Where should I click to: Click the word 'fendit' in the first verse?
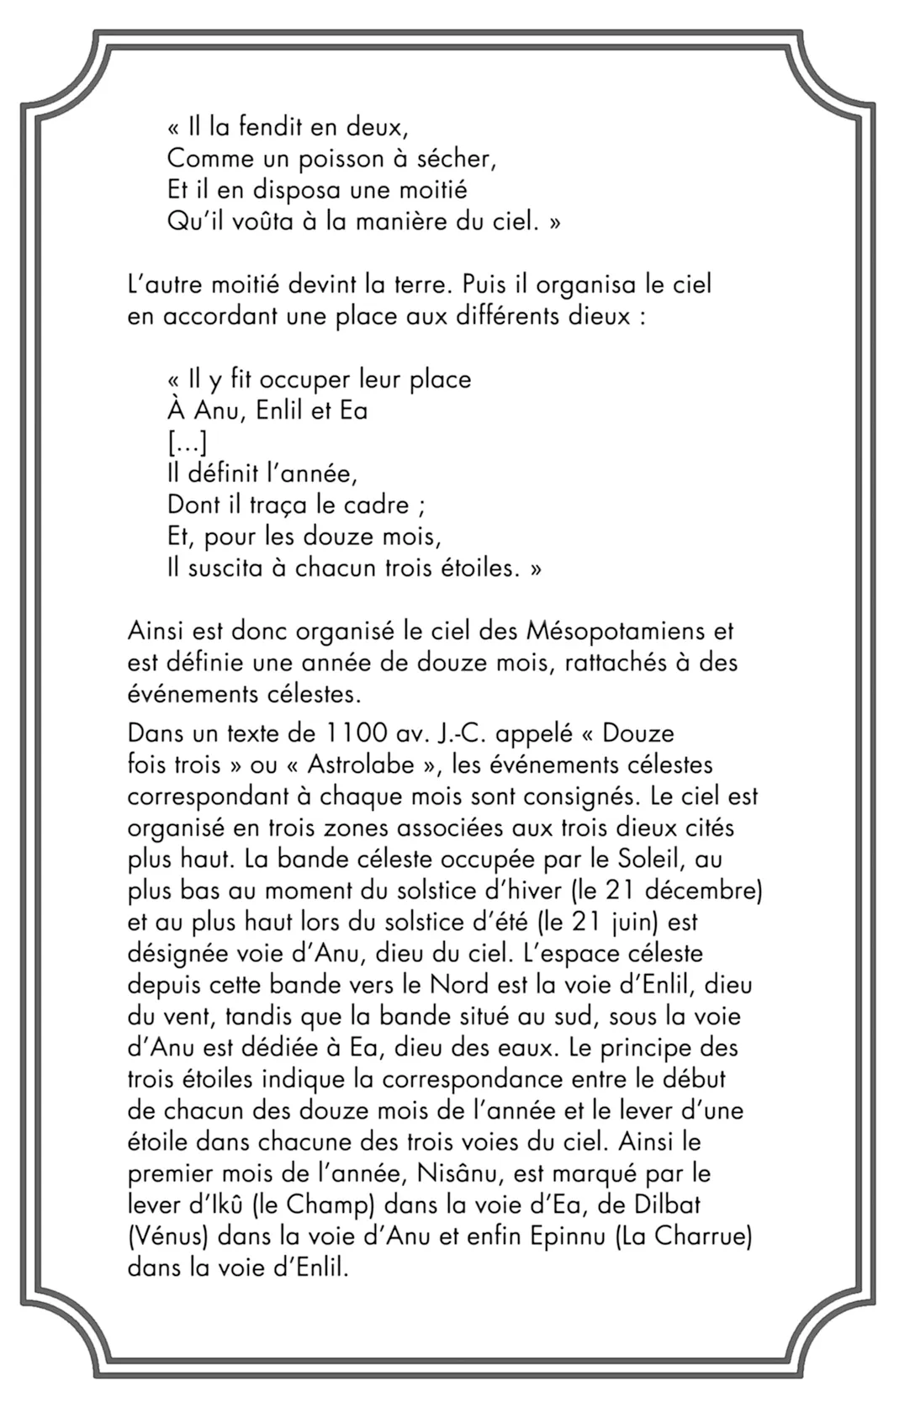[x=267, y=128]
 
